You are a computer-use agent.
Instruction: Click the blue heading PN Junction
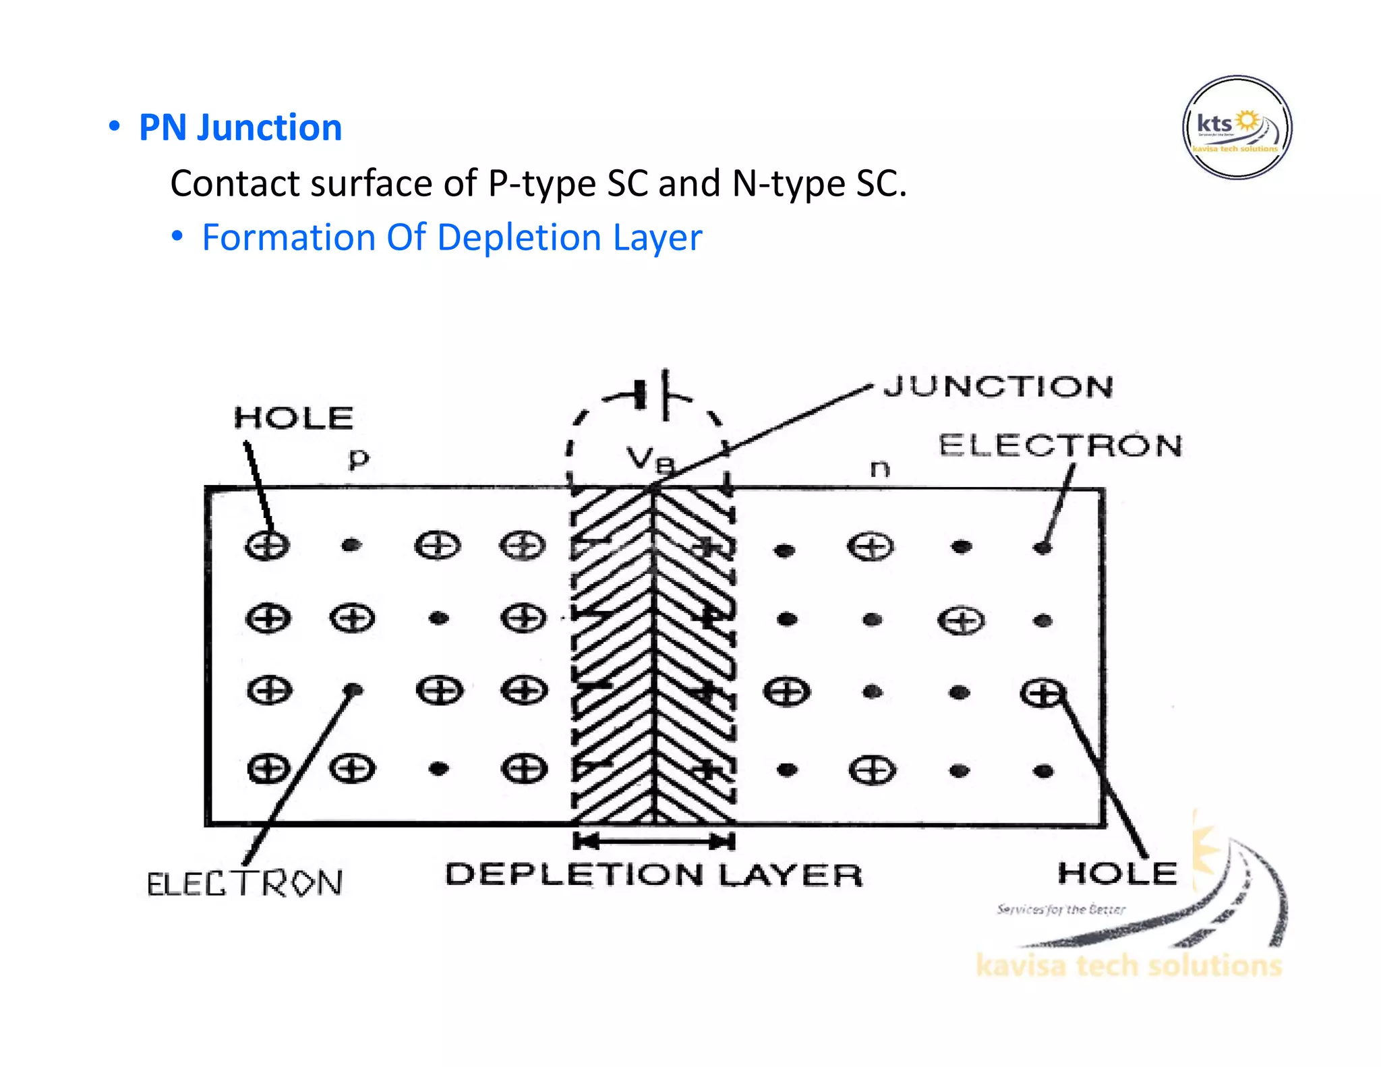click(x=240, y=127)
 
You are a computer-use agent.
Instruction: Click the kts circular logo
click(x=1237, y=127)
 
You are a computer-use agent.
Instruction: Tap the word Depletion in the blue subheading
click(x=519, y=237)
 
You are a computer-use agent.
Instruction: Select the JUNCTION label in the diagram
click(x=998, y=386)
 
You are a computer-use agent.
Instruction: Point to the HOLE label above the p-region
click(x=293, y=417)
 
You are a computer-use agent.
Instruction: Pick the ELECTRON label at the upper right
click(x=1060, y=446)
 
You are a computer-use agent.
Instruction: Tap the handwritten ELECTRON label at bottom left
click(x=244, y=884)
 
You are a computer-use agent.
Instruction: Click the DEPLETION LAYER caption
click(x=653, y=875)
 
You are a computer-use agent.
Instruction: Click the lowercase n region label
click(x=879, y=467)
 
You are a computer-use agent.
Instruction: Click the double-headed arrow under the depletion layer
click(x=653, y=841)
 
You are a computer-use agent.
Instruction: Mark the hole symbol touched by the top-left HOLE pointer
click(x=267, y=545)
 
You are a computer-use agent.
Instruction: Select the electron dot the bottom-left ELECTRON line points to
click(x=353, y=690)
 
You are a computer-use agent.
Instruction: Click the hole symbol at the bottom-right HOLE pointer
click(x=1042, y=693)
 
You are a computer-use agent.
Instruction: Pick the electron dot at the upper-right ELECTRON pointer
click(x=1042, y=547)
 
